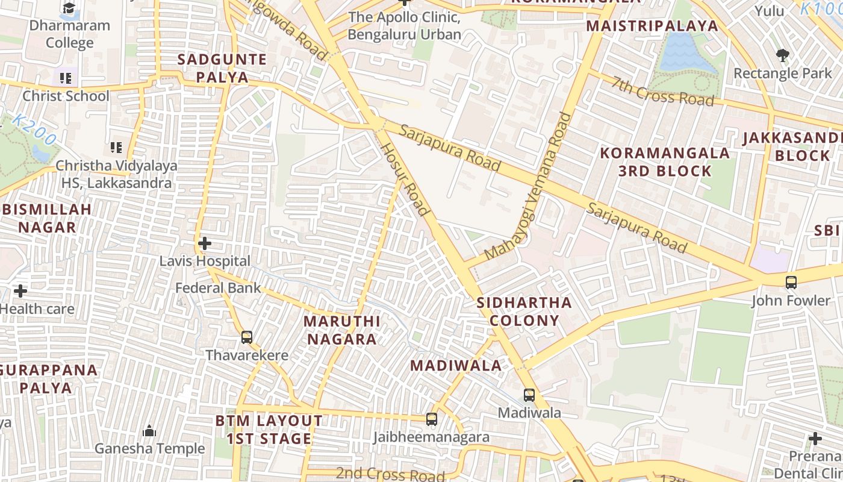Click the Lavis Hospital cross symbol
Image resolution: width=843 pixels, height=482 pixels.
coord(205,243)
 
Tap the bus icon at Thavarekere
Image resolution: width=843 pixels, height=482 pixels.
coord(246,337)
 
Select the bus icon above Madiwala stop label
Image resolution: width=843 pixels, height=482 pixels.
coord(529,395)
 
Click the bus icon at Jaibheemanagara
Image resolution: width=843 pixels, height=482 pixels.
coord(431,419)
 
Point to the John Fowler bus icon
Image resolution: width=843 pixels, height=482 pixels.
coord(791,282)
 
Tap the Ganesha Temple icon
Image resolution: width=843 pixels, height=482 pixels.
coord(149,431)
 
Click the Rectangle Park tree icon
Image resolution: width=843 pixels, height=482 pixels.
coord(782,55)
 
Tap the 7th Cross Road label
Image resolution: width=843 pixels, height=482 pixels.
coord(663,90)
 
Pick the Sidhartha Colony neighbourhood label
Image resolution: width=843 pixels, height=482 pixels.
coord(524,311)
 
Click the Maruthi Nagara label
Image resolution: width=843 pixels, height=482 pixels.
coord(341,330)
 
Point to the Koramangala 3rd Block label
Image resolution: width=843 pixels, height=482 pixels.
coord(665,161)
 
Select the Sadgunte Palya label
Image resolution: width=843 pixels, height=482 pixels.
coord(222,68)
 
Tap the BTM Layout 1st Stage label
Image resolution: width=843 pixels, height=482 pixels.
coord(269,430)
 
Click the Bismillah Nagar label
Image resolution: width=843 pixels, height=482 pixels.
coord(47,218)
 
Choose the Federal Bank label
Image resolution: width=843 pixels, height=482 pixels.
coord(218,288)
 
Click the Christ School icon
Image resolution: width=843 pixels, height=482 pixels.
coord(66,78)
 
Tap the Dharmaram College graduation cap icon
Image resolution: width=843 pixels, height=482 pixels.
coord(69,8)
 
